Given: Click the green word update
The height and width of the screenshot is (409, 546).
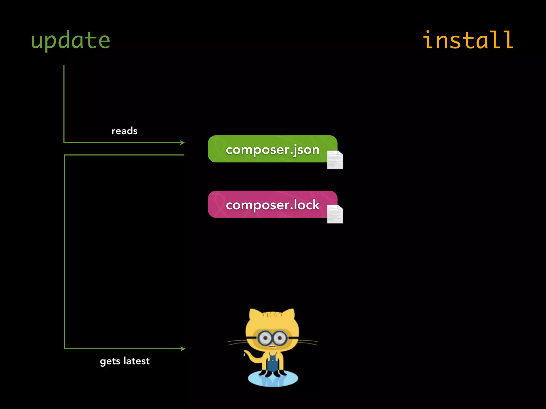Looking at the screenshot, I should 70,40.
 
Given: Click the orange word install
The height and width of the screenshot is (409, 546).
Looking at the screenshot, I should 468,40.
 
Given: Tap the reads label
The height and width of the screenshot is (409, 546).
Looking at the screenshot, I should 125,131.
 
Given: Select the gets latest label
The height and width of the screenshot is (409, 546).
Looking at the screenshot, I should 125,361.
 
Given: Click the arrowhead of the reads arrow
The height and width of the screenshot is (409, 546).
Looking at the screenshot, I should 183,143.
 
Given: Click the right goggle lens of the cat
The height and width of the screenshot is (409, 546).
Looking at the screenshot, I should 280,338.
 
